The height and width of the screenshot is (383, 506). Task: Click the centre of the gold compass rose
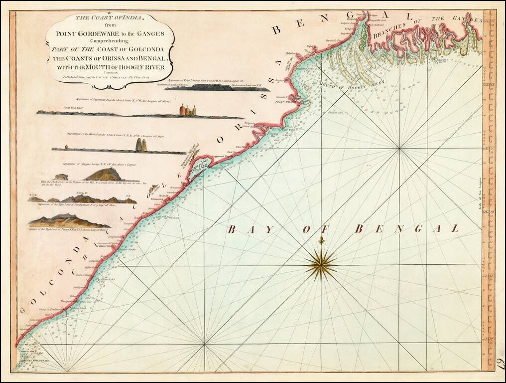pos(321,264)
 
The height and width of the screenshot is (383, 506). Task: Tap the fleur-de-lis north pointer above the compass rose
pos(321,241)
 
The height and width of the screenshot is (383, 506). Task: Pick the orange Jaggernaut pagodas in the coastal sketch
pos(187,110)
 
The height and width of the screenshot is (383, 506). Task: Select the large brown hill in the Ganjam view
pos(104,174)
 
